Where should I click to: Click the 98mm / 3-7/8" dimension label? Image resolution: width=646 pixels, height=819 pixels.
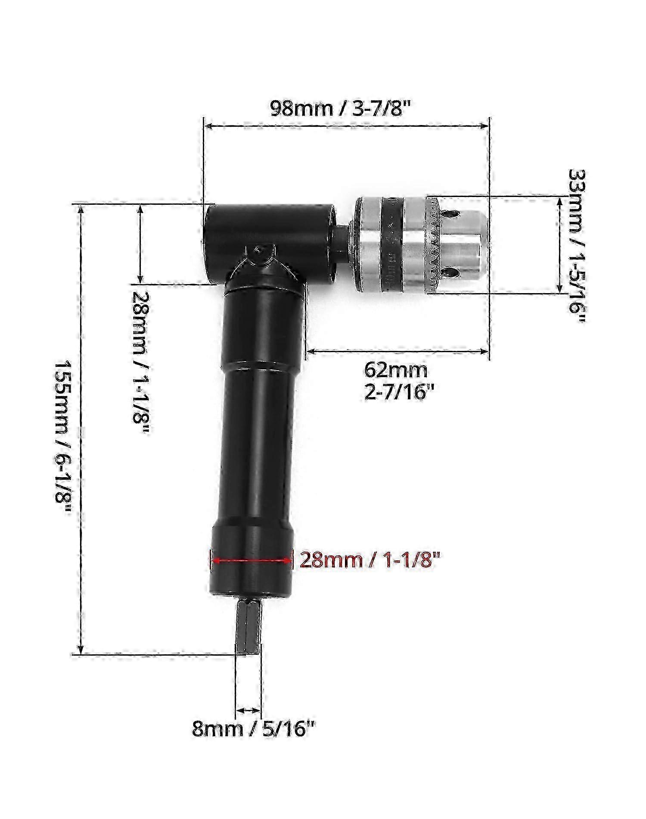pos(339,108)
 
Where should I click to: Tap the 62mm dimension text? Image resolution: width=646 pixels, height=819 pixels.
pos(396,369)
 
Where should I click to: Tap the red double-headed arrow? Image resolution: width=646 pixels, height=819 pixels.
pos(253,560)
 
